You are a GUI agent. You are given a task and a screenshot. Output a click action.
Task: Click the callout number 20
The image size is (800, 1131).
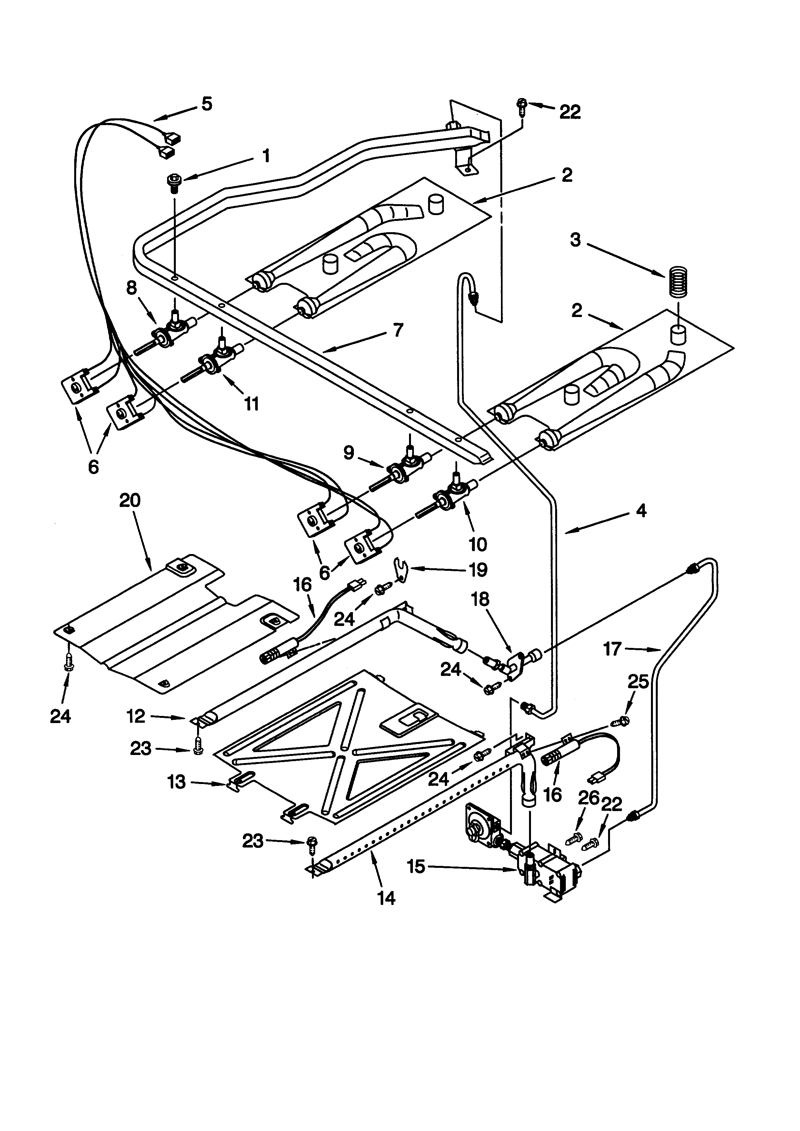coord(130,501)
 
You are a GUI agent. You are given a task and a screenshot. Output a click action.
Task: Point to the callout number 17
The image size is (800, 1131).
coord(612,649)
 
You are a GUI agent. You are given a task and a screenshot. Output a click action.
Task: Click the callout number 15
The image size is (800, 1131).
coord(416,867)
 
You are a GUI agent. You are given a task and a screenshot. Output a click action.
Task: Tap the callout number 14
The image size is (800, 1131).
coord(386,898)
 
